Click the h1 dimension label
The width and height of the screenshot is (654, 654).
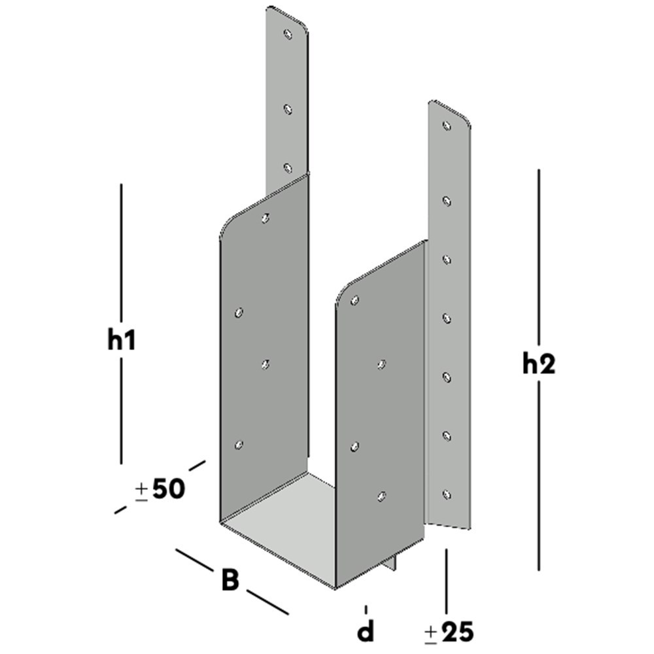[122, 341]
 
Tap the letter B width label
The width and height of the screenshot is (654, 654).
[230, 579]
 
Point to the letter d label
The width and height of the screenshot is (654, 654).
[366, 632]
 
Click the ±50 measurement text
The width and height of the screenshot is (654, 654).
[160, 489]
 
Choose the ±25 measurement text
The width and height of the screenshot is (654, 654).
[449, 632]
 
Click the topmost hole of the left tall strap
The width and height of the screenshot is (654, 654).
[287, 33]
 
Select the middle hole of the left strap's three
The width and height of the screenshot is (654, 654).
[287, 110]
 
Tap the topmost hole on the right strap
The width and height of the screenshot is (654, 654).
[447, 125]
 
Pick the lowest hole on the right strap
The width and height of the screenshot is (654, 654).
[447, 494]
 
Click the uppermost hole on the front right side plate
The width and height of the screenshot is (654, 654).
[354, 300]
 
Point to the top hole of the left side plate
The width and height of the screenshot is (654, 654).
[265, 218]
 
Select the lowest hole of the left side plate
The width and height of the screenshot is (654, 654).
[239, 445]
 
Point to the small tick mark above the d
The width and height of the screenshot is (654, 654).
[366, 609]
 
